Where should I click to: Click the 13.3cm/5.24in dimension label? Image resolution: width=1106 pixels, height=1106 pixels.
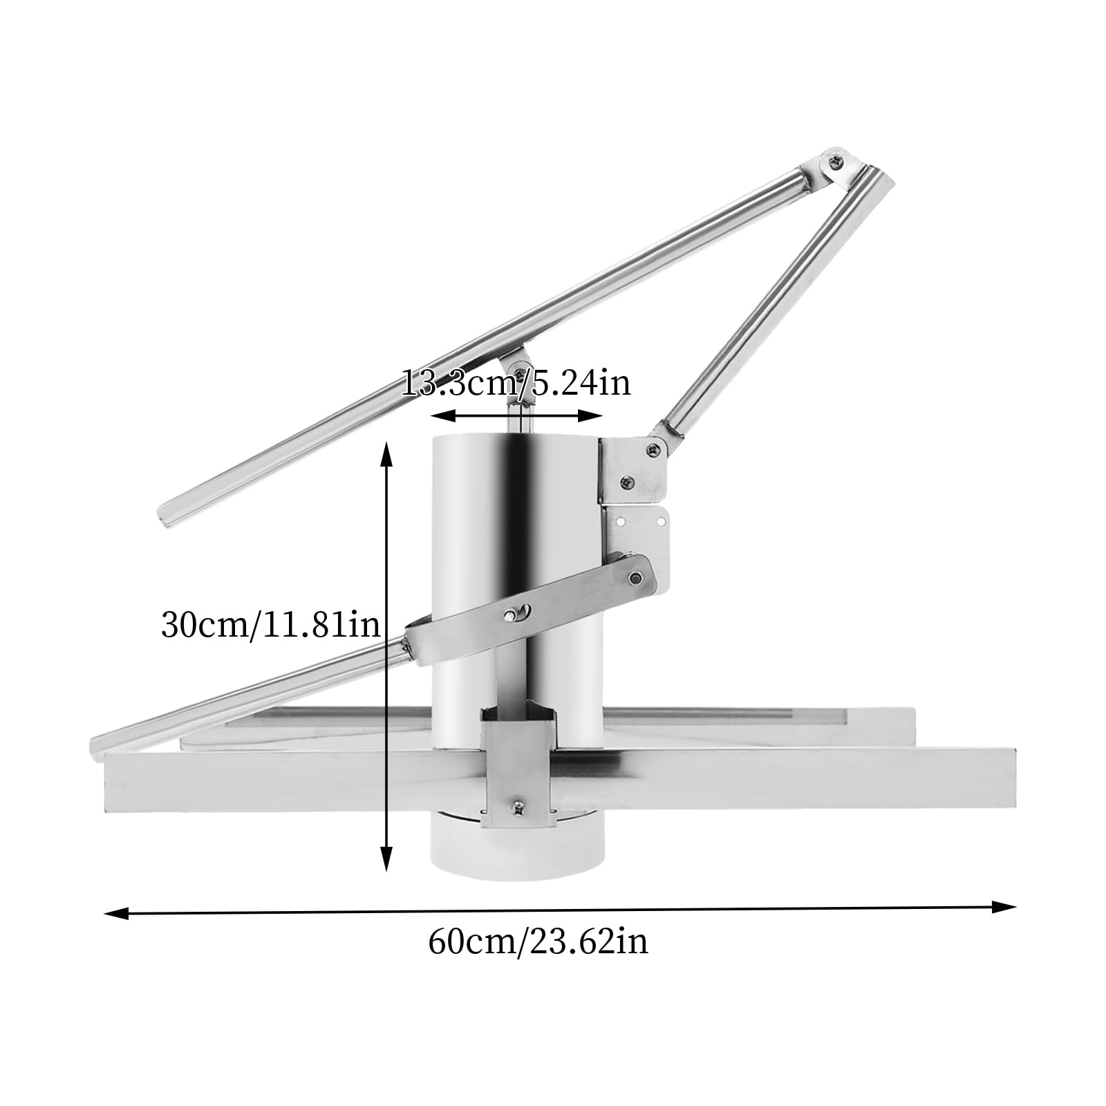(x=516, y=382)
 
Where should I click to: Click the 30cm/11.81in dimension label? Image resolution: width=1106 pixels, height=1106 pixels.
(x=270, y=626)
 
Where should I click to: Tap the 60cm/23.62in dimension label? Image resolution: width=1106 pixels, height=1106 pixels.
(x=538, y=941)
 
